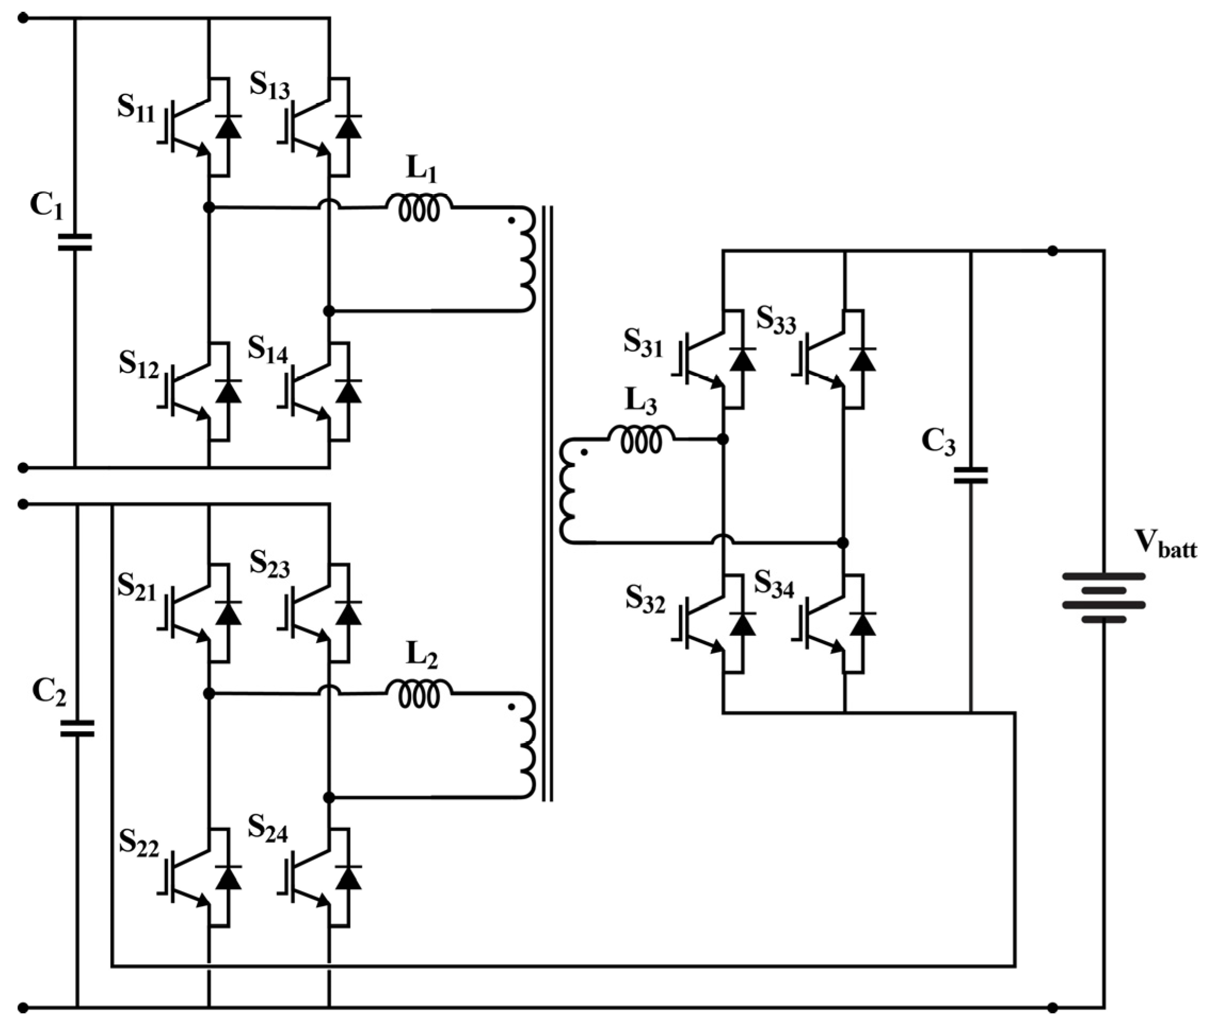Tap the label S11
[136, 108]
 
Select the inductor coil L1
[419, 208]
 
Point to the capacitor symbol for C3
[970, 476]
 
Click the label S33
[776, 321]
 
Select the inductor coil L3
[641, 440]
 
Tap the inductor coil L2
[419, 694]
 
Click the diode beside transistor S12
[228, 392]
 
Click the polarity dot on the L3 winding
[584, 452]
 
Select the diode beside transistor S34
[863, 624]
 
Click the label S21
[136, 586]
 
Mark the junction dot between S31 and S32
[722, 439]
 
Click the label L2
[421, 655]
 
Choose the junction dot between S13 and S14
[329, 311]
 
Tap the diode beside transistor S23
[348, 613]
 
